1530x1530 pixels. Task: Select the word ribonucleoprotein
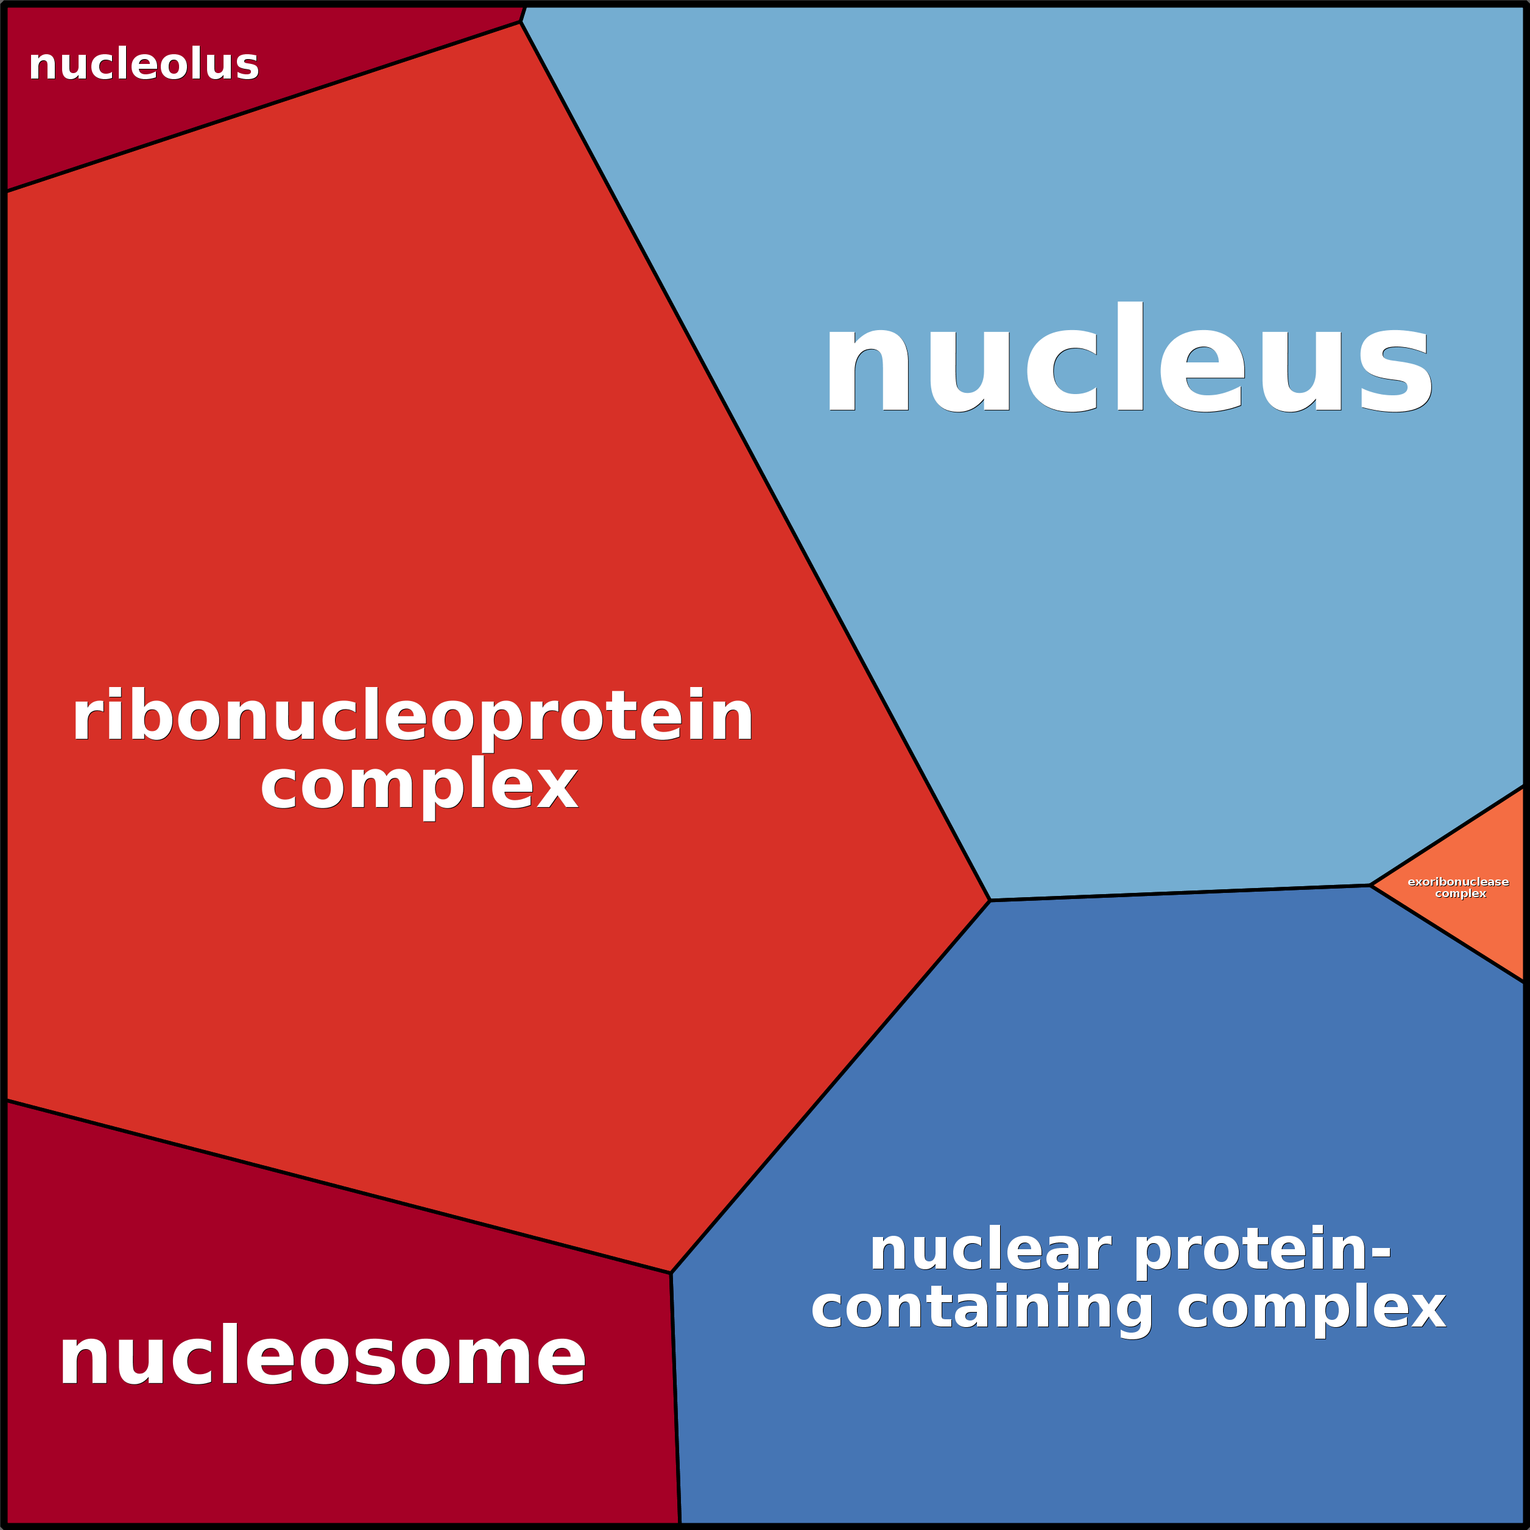412,717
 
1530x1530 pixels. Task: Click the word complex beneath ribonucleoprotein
419,786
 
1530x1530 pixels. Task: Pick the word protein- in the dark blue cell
1263,1252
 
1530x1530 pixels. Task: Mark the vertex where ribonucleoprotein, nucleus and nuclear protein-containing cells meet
990,900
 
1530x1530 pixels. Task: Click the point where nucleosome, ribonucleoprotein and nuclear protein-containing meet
671,1274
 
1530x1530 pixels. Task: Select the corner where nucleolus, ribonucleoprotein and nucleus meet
520,22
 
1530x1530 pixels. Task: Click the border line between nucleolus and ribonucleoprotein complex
261,107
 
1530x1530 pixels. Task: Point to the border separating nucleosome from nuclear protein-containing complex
675,1401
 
